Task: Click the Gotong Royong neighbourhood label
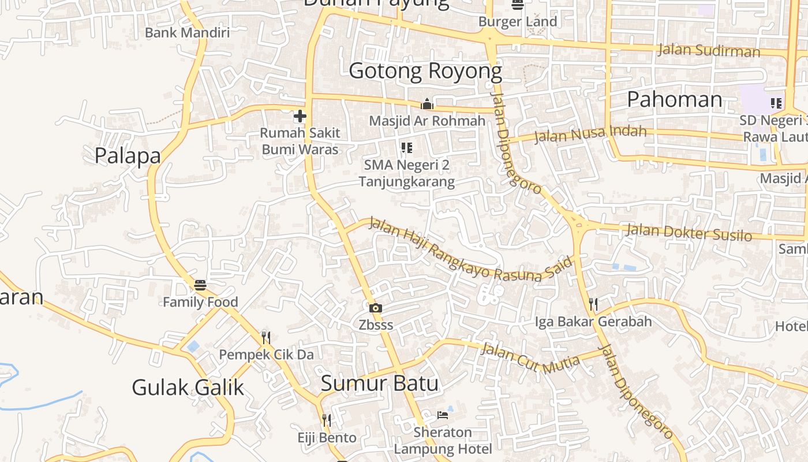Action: [x=425, y=71]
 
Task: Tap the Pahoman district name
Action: [x=674, y=99]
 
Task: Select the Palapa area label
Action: [x=128, y=155]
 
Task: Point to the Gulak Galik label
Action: [x=188, y=387]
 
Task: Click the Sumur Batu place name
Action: [x=379, y=383]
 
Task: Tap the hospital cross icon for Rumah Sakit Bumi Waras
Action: [x=300, y=116]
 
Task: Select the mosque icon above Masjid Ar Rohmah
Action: [x=427, y=104]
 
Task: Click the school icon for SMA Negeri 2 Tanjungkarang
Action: [x=407, y=148]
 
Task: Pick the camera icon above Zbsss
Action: [x=376, y=308]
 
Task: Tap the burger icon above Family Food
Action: [x=200, y=285]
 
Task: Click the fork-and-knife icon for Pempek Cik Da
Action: [x=266, y=337]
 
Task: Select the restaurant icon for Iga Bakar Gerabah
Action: [x=593, y=304]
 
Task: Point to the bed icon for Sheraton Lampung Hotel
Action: [x=443, y=415]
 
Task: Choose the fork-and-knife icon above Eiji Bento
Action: [x=327, y=420]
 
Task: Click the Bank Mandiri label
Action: [x=187, y=32]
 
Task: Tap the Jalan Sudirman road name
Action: [x=709, y=51]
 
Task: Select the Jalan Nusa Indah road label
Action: [x=590, y=133]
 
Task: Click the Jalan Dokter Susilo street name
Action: [x=689, y=232]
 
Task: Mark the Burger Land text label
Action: [x=518, y=22]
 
